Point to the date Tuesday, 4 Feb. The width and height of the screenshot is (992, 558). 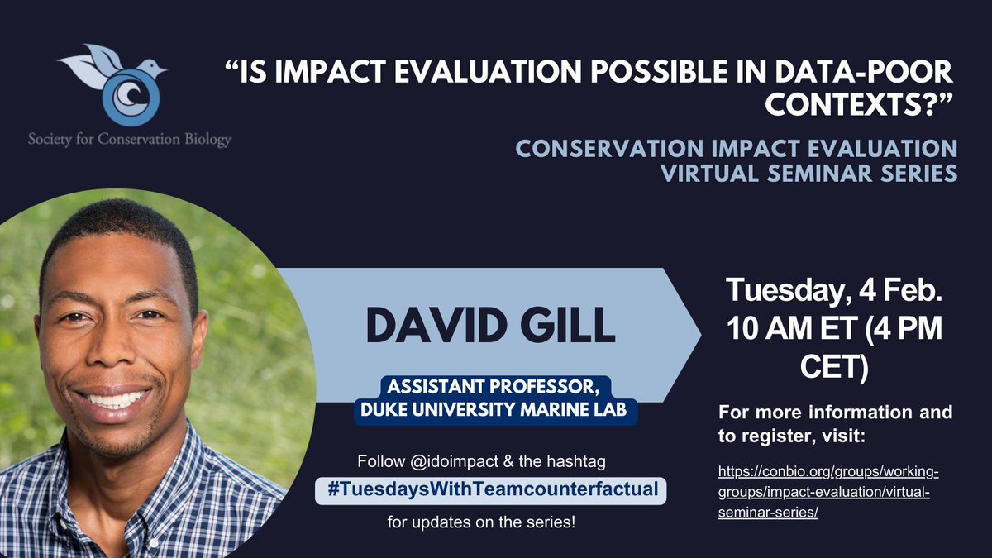pyautogui.click(x=835, y=292)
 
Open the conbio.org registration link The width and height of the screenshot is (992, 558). pyautogui.click(x=831, y=492)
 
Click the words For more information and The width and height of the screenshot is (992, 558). pyautogui.click(x=835, y=411)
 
